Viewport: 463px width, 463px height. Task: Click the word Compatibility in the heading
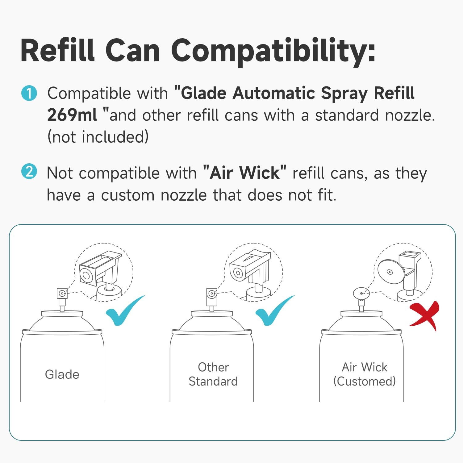pos(273,51)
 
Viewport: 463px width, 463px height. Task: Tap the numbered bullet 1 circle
pos(29,93)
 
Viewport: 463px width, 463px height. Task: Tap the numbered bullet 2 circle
pos(29,172)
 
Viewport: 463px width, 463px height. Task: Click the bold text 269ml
pos(72,115)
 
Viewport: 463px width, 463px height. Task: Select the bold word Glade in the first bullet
pos(204,93)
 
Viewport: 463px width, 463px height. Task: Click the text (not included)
pos(98,137)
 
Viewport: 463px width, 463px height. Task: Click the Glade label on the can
pos(62,374)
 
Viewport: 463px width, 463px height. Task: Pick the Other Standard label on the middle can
pos(213,374)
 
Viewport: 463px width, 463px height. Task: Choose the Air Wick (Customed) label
pos(364,374)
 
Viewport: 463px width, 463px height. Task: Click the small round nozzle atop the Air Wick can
pos(361,293)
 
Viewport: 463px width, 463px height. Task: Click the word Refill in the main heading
pos(58,51)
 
